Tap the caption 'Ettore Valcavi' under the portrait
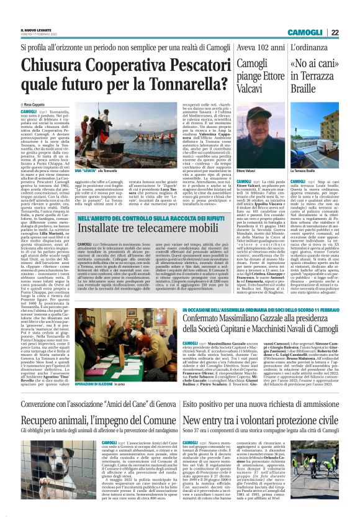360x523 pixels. click(x=247, y=170)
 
